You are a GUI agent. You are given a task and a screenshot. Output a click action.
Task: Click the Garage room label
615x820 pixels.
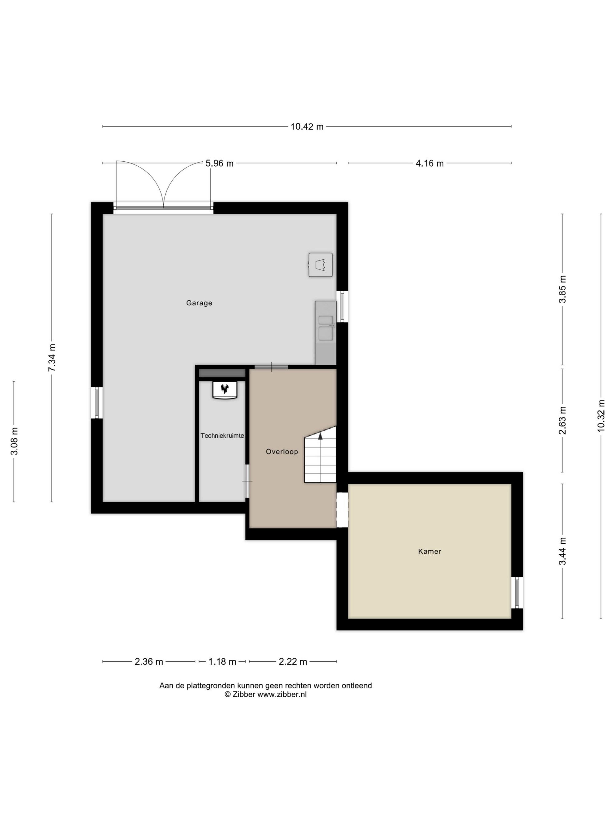click(199, 303)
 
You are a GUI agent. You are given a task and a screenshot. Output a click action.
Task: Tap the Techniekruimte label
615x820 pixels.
click(222, 436)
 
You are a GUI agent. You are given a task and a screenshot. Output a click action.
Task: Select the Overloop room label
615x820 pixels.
click(282, 452)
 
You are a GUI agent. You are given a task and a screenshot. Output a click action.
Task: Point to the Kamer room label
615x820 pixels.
click(430, 551)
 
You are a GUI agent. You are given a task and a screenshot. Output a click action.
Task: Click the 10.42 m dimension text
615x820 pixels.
click(307, 127)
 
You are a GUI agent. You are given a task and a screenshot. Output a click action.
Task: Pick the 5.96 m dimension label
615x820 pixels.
click(220, 163)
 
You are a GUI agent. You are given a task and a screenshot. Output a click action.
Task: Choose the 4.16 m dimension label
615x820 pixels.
click(430, 163)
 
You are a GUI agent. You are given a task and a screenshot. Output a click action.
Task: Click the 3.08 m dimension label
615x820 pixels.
click(14, 441)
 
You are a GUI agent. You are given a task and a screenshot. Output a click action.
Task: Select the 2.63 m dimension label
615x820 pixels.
click(563, 420)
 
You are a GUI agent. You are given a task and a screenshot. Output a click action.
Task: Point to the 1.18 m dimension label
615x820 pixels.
click(222, 662)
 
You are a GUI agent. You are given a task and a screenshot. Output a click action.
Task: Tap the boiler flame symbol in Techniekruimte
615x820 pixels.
click(225, 389)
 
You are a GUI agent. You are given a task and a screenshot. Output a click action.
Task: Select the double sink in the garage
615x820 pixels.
click(326, 328)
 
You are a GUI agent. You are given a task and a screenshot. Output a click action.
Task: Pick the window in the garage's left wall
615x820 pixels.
click(97, 403)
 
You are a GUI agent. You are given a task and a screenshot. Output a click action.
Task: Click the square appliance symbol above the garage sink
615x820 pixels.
click(321, 265)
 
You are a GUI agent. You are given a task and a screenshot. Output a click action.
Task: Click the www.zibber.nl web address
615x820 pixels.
click(282, 695)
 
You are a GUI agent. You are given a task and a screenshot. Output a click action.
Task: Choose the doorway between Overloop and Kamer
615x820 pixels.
click(342, 510)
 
